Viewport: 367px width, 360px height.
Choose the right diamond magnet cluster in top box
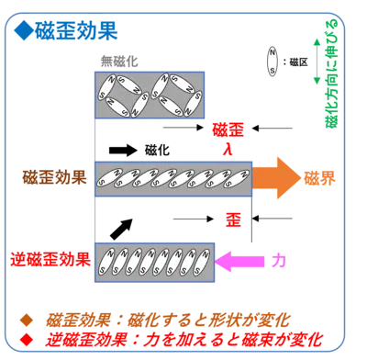point(174,96)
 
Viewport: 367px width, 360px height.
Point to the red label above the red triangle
point(224,128)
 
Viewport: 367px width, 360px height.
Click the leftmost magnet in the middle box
point(108,177)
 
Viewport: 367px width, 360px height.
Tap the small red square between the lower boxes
point(234,219)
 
